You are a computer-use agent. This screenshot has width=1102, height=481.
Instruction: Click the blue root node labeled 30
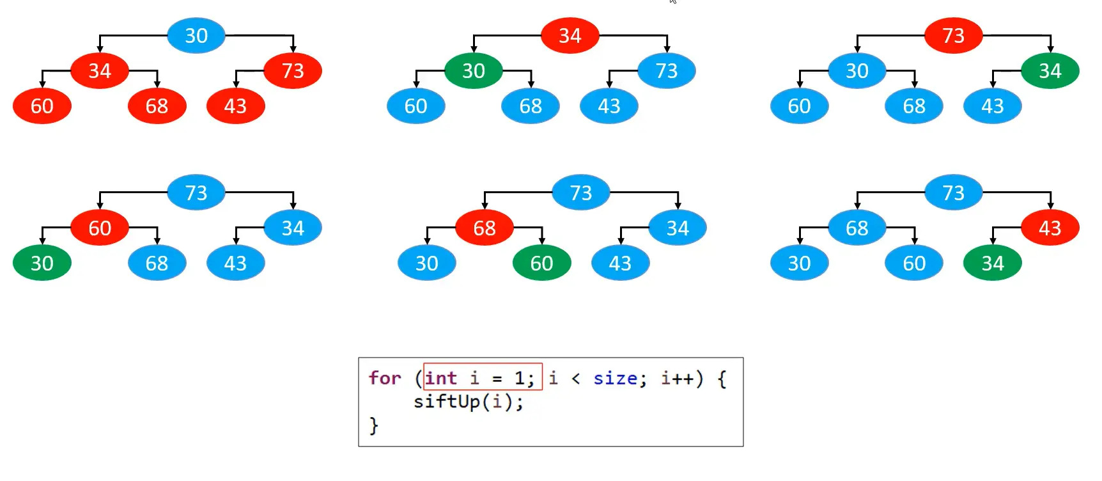coord(196,36)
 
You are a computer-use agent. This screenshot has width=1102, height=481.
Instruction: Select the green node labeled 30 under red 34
coord(473,71)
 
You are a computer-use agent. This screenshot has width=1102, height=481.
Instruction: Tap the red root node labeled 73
coord(952,36)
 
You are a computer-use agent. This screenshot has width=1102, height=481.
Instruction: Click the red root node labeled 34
coord(570,36)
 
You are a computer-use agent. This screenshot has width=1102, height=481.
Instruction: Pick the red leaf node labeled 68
coord(157,106)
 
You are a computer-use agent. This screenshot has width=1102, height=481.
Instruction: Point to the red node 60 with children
coord(100,228)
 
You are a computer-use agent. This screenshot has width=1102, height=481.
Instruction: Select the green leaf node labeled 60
coord(541,263)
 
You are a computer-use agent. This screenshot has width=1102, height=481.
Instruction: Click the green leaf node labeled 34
coord(992,263)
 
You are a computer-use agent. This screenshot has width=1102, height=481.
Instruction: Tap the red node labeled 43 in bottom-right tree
coord(1050,228)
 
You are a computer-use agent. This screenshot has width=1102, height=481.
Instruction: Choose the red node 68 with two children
coord(484,228)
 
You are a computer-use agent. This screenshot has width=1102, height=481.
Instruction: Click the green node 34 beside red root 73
coord(1050,71)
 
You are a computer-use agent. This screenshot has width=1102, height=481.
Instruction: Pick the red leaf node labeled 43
coord(235,106)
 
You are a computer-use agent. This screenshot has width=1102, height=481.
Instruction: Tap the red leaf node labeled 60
coord(42,106)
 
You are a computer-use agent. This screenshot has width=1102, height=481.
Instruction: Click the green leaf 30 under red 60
coord(42,263)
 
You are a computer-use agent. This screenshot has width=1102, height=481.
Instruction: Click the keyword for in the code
coord(385,378)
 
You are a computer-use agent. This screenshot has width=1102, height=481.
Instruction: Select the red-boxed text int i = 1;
coord(483,378)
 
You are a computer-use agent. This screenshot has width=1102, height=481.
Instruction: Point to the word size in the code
coord(615,378)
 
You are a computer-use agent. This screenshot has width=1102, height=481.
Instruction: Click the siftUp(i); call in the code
coord(468,402)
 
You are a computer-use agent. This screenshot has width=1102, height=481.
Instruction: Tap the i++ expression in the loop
coord(678,378)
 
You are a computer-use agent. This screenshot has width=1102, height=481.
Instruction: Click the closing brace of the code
coord(374,425)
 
